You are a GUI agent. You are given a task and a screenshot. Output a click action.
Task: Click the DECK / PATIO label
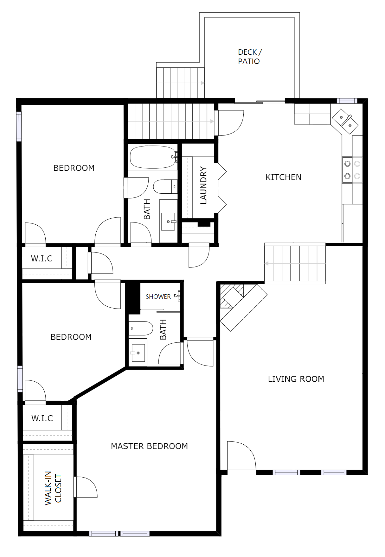250,57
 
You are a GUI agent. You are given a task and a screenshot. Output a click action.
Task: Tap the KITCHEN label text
283,177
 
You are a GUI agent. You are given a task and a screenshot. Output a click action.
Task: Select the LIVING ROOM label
296,379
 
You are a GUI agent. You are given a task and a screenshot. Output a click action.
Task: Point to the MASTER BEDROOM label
149,446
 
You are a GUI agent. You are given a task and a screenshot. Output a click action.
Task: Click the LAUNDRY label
203,185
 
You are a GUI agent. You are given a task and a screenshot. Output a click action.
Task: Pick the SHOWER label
158,297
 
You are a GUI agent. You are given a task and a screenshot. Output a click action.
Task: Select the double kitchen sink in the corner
345,121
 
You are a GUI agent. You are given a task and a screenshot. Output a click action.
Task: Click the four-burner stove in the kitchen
352,170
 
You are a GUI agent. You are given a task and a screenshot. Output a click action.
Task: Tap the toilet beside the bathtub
165,187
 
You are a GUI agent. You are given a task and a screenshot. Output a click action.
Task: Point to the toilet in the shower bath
141,328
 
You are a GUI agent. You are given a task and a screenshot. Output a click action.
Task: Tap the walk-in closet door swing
86,487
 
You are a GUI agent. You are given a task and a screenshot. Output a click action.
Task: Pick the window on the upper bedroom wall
19,126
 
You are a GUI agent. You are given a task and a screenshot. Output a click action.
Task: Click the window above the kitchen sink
347,101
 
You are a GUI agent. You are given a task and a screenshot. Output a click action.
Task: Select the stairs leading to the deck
180,82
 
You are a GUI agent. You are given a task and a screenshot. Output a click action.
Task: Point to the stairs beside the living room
295,263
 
